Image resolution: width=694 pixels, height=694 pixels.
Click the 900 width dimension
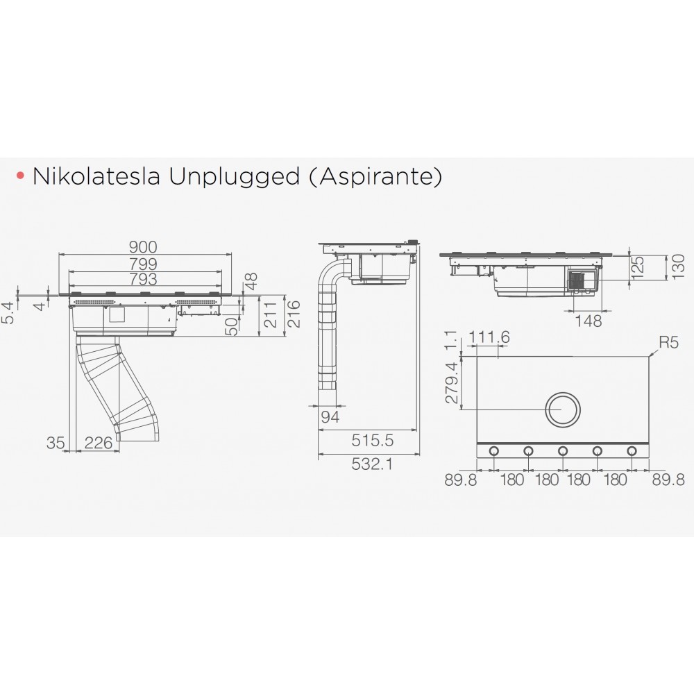click(142, 246)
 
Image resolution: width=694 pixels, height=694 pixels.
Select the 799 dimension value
click(143, 263)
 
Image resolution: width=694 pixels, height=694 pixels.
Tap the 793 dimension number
click(143, 279)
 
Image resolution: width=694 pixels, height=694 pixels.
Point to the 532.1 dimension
click(372, 464)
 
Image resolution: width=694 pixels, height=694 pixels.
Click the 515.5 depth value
click(372, 440)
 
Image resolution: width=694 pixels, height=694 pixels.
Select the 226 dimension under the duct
click(99, 442)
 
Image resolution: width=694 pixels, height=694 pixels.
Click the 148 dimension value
click(589, 321)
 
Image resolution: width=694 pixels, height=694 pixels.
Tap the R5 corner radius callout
click(668, 342)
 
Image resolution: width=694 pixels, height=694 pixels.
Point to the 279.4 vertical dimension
click(452, 382)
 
